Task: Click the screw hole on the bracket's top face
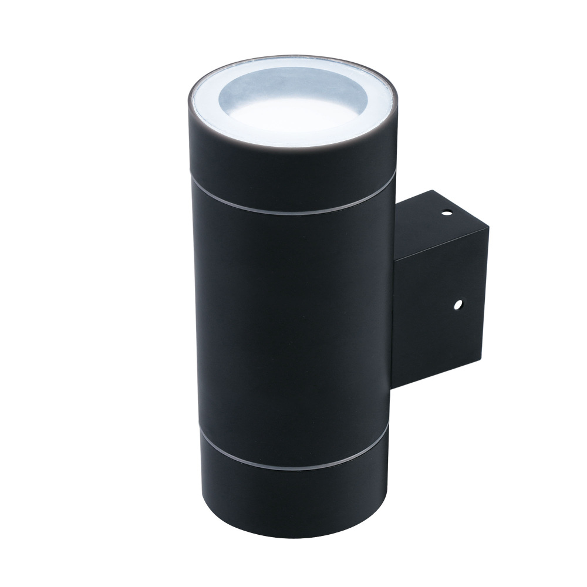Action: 447,212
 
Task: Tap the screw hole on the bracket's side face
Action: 458,305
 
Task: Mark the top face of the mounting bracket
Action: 437,226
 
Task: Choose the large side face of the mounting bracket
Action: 440,311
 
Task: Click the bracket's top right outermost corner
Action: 488,229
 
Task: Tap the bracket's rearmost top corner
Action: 433,190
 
